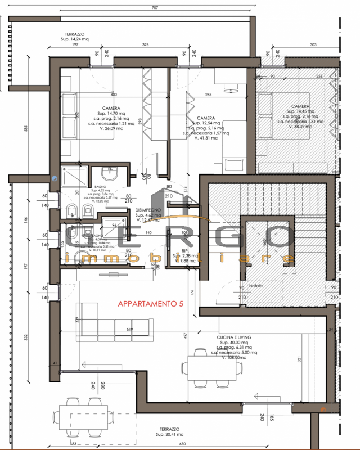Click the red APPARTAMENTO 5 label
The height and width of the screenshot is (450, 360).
150,304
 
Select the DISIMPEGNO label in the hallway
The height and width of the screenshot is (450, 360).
148,210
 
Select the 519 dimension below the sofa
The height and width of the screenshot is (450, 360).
129,330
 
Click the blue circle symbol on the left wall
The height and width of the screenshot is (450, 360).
54,177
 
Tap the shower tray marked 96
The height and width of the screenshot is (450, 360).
117,233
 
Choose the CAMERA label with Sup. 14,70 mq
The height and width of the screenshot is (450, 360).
111,108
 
